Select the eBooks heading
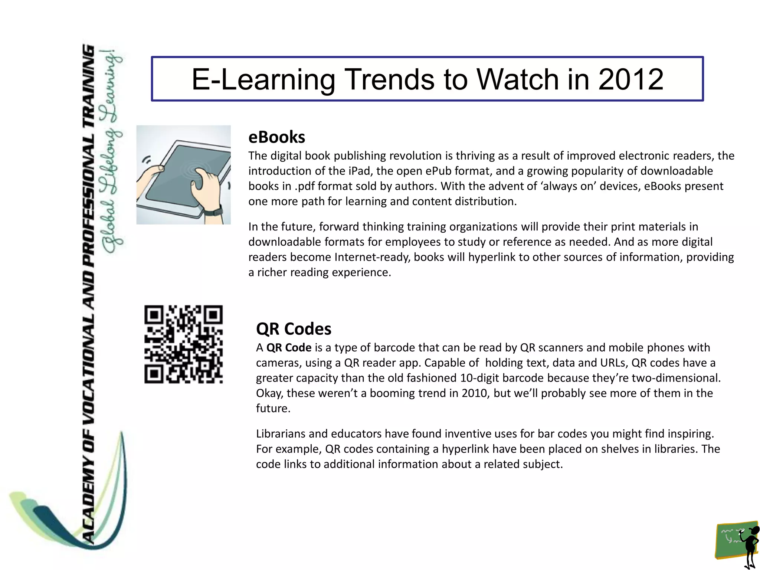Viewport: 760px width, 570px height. coord(276,137)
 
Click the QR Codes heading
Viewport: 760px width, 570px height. coord(294,329)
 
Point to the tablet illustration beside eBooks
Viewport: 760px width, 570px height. coord(183,175)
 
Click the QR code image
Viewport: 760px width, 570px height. coord(183,344)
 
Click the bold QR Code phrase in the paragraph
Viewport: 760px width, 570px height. coord(289,348)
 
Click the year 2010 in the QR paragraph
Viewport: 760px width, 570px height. coord(476,393)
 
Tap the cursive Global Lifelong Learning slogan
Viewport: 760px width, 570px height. coord(112,152)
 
